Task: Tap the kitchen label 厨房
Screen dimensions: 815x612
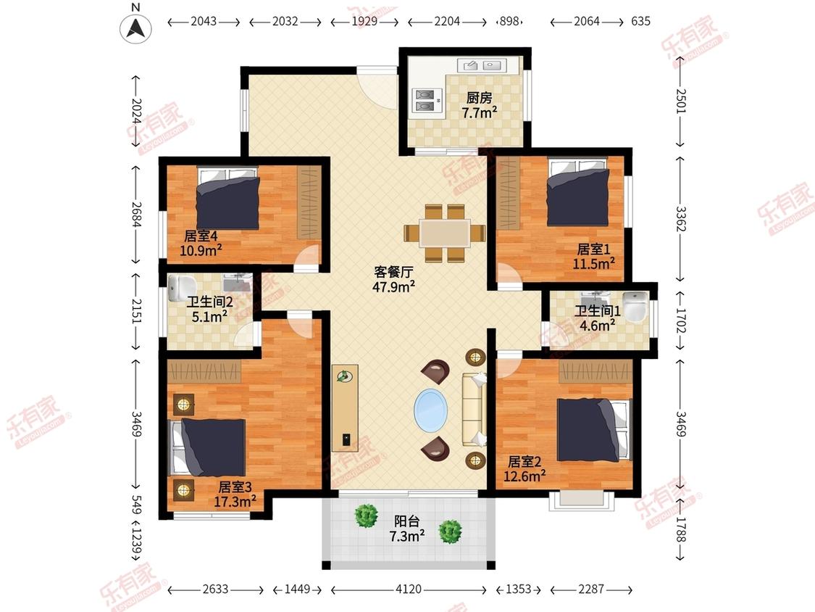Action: pos(479,97)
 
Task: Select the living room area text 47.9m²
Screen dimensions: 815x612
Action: pos(393,286)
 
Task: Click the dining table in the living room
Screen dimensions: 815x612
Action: pos(445,233)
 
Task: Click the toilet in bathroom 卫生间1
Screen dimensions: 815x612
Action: pos(635,305)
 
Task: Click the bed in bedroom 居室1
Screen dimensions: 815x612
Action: pos(578,193)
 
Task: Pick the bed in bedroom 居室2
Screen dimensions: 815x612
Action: pos(594,430)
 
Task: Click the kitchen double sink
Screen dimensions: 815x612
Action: pos(481,65)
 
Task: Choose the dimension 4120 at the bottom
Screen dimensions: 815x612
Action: pos(409,589)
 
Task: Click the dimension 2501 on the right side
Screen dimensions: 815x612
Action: pos(680,102)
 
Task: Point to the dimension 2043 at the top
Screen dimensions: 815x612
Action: pos(204,21)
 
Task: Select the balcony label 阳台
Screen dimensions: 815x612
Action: pos(407,521)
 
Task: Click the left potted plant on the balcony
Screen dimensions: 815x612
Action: pos(367,516)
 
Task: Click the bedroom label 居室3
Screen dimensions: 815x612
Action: pos(235,487)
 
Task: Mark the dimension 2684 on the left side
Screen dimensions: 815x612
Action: pos(136,215)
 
